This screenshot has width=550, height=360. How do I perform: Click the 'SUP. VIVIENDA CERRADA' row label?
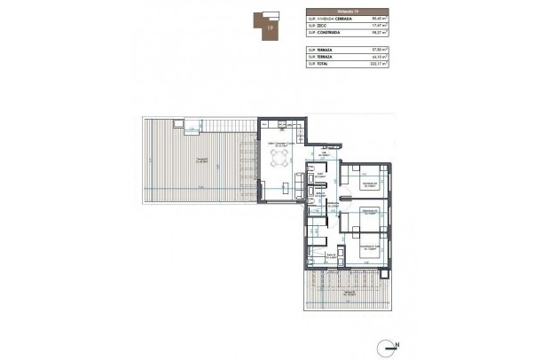pos(334,18)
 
